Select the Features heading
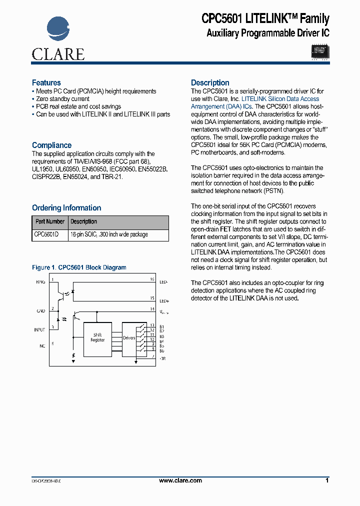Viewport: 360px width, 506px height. tap(46, 82)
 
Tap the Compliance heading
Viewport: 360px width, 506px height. tap(51, 145)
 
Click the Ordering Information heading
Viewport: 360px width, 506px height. tap(66, 207)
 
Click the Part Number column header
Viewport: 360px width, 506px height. tap(50, 221)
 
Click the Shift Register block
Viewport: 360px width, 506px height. tap(97, 337)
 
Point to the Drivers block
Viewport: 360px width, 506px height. tap(129, 338)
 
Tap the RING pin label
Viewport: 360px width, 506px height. tap(40, 282)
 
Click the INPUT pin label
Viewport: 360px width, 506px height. tap(39, 329)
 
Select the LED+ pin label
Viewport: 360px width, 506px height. tap(163, 301)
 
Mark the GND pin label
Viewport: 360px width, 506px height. tap(40, 311)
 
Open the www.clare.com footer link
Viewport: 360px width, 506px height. tap(180, 480)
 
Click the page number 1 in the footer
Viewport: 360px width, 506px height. tap(327, 480)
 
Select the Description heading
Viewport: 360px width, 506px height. tap(210, 82)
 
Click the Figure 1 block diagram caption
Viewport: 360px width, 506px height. tap(79, 267)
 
